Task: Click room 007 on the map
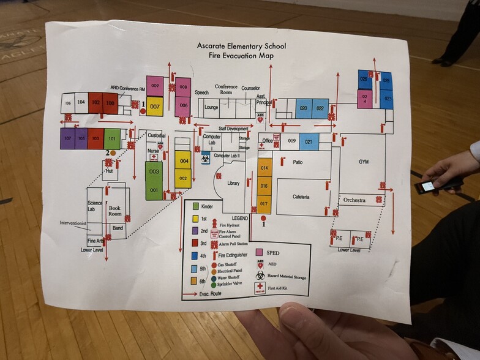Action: point(155,107)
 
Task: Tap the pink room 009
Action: point(155,86)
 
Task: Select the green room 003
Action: point(154,172)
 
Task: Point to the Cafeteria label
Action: point(301,197)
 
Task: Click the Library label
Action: point(233,184)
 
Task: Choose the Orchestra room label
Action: point(354,200)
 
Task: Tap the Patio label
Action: point(298,162)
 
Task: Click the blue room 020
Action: point(303,108)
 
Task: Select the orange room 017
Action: point(264,203)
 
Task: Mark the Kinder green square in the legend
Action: point(196,207)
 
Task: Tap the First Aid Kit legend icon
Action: point(260,288)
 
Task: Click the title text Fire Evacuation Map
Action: point(241,56)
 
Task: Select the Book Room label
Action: point(115,211)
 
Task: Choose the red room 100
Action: point(110,103)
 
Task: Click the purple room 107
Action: point(67,139)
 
